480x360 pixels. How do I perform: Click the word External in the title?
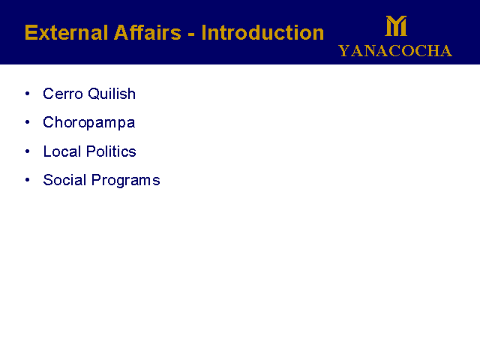(x=67, y=32)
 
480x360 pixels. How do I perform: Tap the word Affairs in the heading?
(x=148, y=32)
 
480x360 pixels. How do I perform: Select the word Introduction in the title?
(x=262, y=32)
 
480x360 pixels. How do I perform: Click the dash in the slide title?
(x=191, y=34)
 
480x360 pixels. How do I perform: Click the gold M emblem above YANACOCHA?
(x=396, y=26)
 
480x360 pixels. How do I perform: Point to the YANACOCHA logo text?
(x=395, y=51)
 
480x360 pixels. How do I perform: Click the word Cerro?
(x=63, y=94)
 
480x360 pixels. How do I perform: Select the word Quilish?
(x=112, y=94)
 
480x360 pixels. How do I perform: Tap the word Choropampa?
(x=88, y=123)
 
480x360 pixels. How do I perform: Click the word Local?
(x=62, y=151)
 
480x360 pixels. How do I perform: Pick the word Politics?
(x=111, y=151)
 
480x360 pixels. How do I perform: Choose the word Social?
(x=64, y=180)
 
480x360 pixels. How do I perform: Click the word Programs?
(x=126, y=181)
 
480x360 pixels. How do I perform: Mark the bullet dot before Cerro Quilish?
(x=28, y=93)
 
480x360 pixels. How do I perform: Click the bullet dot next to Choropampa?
(x=28, y=122)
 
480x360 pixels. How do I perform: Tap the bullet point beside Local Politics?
(x=28, y=151)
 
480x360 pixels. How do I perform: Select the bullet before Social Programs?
(x=28, y=180)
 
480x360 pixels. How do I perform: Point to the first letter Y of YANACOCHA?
(x=343, y=51)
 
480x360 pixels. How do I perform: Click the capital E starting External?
(x=31, y=32)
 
